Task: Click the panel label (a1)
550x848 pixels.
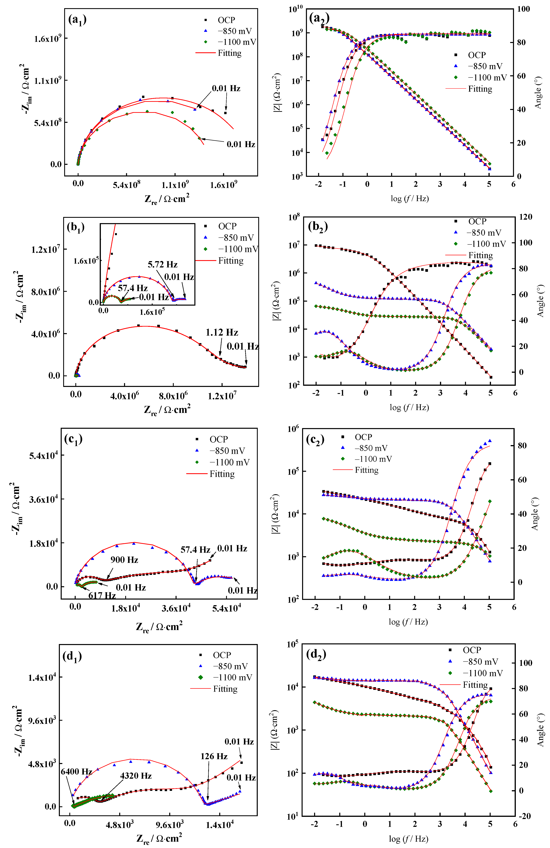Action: click(x=77, y=20)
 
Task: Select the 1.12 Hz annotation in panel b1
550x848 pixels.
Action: click(x=222, y=332)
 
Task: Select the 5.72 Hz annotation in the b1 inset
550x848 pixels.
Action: click(x=163, y=264)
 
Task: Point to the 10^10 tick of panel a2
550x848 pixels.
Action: click(x=295, y=9)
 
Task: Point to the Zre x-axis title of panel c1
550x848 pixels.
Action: click(x=159, y=626)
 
